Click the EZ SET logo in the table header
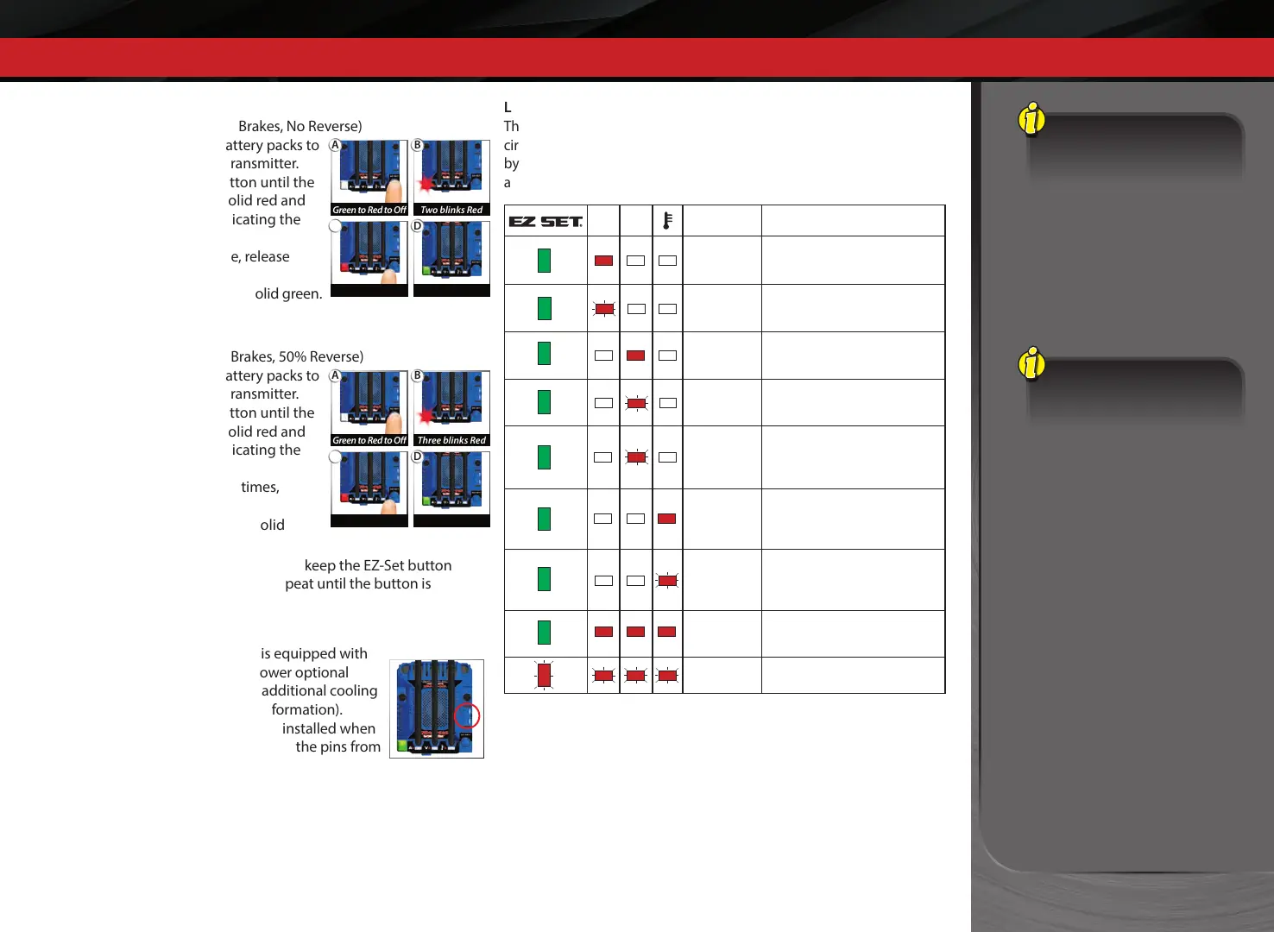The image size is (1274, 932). (x=546, y=222)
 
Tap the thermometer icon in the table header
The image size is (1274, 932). (x=667, y=221)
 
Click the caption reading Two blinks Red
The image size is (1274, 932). (x=451, y=210)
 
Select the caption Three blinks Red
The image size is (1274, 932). (x=451, y=440)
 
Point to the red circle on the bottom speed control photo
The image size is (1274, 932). (x=467, y=716)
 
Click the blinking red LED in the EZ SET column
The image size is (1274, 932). (x=544, y=675)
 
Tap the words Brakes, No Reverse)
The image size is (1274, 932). (x=300, y=126)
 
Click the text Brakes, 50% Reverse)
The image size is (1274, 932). (x=297, y=356)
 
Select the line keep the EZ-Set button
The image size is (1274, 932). (x=377, y=565)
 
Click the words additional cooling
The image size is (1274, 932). (x=319, y=690)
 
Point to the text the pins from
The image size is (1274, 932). (x=337, y=746)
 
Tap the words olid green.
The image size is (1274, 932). (x=288, y=293)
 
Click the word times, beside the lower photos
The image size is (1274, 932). (x=260, y=487)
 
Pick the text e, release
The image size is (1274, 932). (x=260, y=256)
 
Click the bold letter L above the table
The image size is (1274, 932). (x=508, y=107)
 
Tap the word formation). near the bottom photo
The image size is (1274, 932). (x=306, y=709)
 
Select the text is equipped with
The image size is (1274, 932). (x=313, y=653)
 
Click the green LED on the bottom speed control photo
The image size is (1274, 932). (x=402, y=745)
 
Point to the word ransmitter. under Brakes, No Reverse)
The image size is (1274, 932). (x=264, y=163)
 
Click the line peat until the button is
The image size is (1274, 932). (x=357, y=583)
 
